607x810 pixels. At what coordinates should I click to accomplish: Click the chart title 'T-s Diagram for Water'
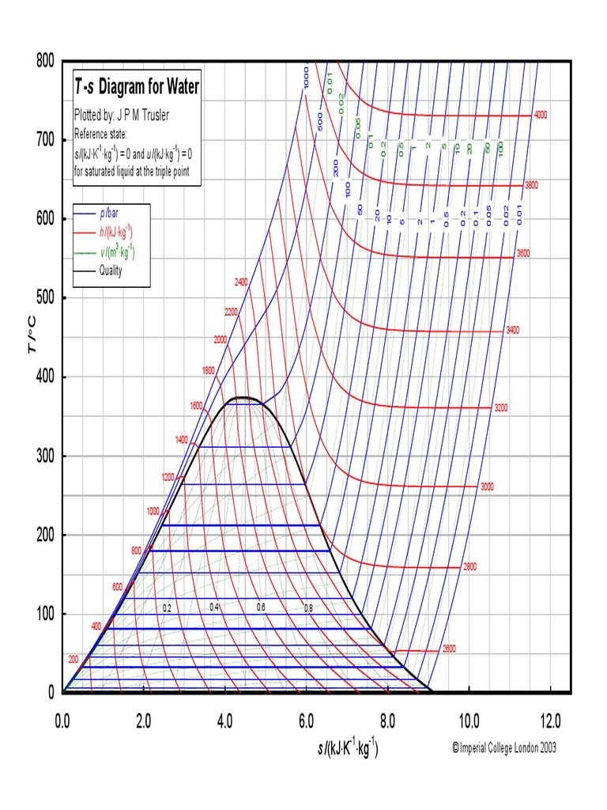pos(137,87)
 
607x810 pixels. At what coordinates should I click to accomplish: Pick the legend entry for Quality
pos(111,270)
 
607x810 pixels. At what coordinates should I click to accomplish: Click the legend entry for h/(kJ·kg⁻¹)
pos(115,233)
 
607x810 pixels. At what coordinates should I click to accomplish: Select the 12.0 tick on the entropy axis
pos(550,721)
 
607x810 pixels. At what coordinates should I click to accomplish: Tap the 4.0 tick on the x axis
pos(224,721)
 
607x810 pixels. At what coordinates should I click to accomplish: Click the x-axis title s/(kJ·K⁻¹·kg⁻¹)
pos(343,748)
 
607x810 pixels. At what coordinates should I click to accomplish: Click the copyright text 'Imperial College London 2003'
pos(503,748)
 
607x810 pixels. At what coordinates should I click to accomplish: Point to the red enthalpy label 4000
pos(541,115)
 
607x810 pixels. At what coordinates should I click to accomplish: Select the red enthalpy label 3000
pos(487,486)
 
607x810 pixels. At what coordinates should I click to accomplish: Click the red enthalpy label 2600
pos(448,649)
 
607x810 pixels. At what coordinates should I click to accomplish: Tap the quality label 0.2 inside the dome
pos(167,608)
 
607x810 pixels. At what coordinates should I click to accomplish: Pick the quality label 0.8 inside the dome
pos(308,608)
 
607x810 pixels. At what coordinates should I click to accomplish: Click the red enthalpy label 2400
pos(242,282)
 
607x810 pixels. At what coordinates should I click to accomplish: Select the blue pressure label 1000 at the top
pos(306,78)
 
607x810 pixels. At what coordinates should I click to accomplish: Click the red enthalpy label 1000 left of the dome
pos(153,511)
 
